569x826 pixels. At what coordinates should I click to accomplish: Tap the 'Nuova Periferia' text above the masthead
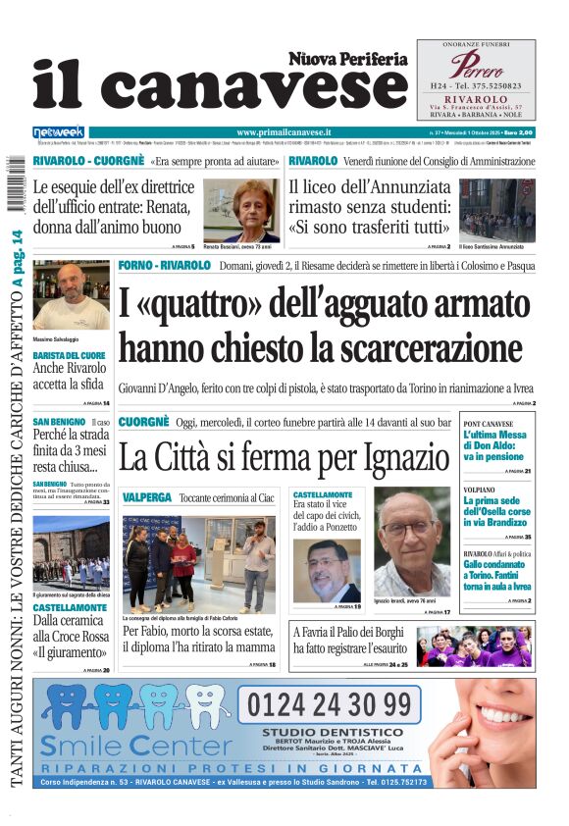tap(347, 59)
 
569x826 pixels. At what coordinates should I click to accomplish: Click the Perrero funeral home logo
tap(476, 67)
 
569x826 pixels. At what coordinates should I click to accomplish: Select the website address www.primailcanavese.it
tap(284, 131)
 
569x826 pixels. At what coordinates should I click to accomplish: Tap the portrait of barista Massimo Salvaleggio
tap(71, 294)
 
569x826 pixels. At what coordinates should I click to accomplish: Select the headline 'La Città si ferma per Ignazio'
tap(284, 457)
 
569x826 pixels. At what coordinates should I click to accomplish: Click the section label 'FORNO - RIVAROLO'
tap(164, 266)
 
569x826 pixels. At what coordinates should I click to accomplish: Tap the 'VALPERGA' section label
tap(147, 498)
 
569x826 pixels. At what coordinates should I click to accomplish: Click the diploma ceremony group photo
tap(199, 564)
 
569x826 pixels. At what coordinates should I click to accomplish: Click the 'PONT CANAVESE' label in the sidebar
tap(488, 424)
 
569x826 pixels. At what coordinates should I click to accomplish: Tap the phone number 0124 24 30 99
tap(329, 704)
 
